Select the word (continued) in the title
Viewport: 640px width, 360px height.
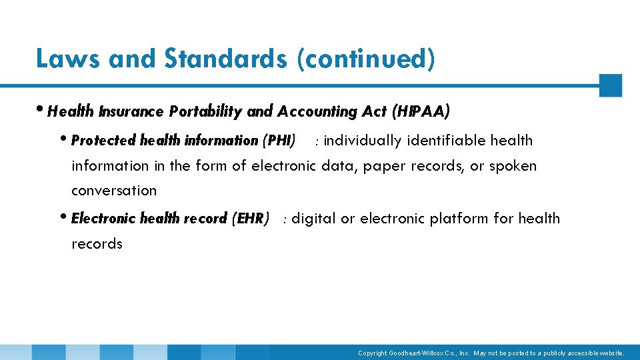367,59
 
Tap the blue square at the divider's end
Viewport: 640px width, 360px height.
610,85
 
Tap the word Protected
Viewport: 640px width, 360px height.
103,141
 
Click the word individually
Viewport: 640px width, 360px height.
363,141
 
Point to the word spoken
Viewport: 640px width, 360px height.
513,166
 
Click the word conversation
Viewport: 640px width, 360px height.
114,191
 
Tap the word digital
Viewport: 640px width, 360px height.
314,219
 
